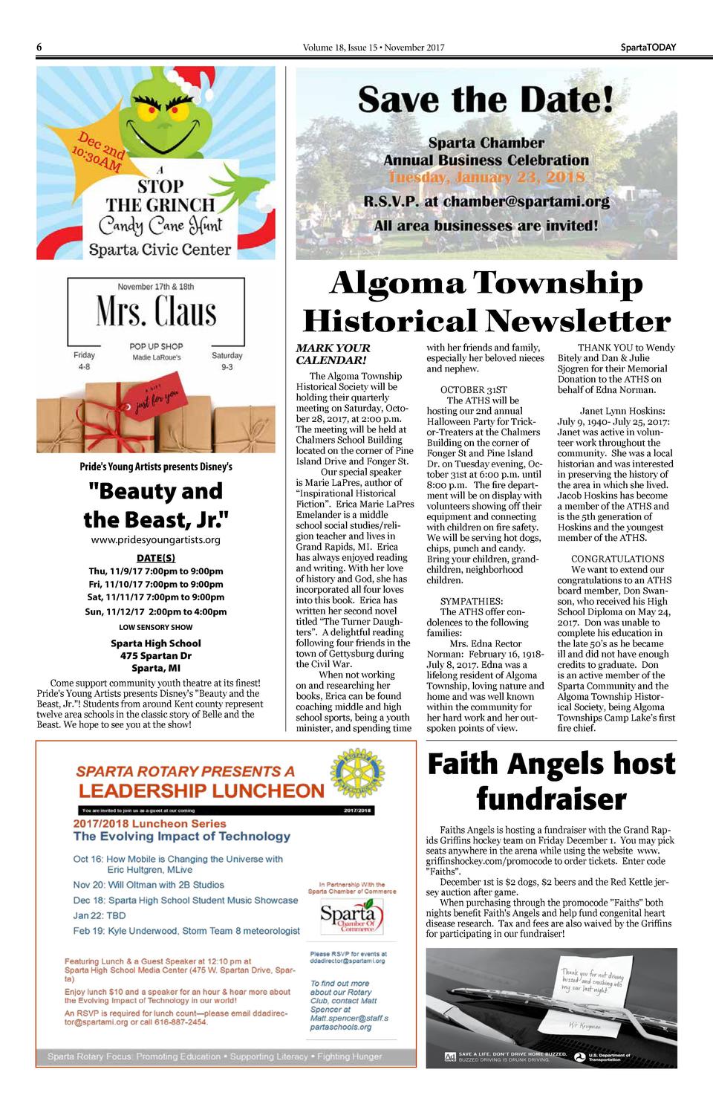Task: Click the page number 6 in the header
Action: coord(39,48)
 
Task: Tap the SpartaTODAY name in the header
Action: coord(648,48)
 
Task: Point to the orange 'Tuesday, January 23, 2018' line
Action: coord(486,178)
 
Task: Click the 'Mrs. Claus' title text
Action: coord(156,311)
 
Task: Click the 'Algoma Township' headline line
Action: coord(486,283)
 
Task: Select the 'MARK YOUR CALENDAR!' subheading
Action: coord(333,354)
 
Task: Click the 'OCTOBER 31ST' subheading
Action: coord(473,389)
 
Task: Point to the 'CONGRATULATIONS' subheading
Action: coord(617,559)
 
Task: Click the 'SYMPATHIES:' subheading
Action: coord(471,601)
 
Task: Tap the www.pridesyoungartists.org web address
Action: coord(156,540)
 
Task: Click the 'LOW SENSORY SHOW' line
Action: coord(156,627)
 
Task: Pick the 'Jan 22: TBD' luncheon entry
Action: coord(100,915)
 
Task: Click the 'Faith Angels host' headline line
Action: coord(551,764)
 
